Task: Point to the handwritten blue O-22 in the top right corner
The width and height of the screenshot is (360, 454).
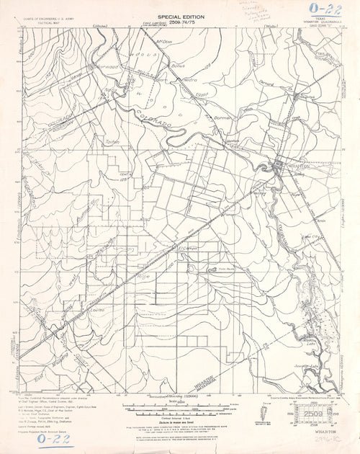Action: click(x=328, y=9)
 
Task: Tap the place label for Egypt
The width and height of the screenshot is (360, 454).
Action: click(x=202, y=94)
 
